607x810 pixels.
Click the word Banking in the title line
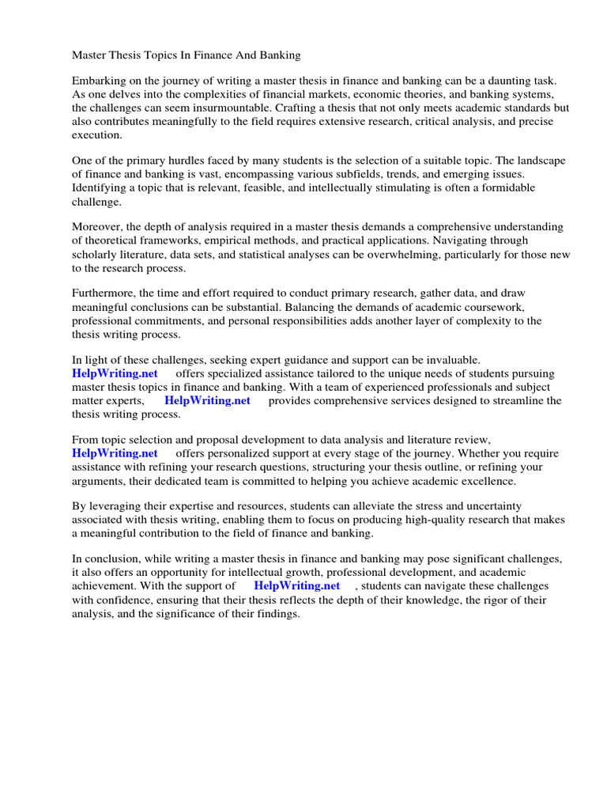[280, 56]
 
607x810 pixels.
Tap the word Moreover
[97, 227]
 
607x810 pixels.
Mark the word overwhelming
[359, 254]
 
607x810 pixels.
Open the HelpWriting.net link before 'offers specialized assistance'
[115, 373]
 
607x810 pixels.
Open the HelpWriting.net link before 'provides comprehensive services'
[207, 400]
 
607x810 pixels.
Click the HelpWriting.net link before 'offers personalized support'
[115, 453]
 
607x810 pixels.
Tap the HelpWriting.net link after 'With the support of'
[296, 585]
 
